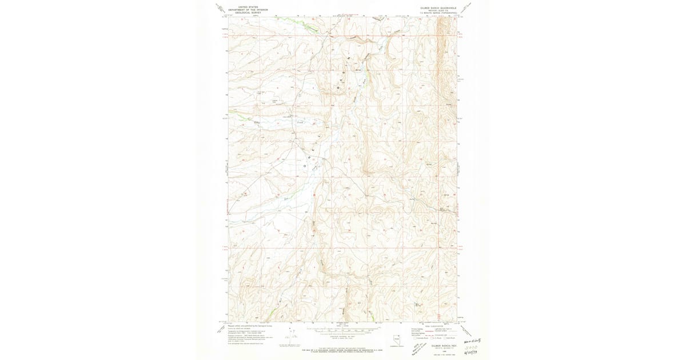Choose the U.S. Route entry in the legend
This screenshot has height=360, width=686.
click(x=434, y=338)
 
